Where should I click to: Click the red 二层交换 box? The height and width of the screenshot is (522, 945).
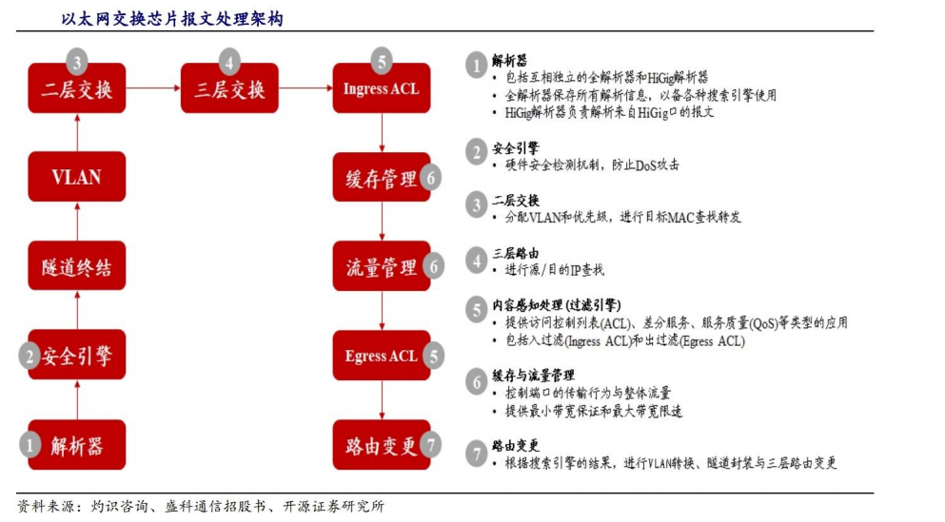(76, 88)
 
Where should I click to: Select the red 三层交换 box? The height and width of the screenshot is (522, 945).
(229, 88)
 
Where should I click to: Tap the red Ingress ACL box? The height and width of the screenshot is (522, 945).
(382, 88)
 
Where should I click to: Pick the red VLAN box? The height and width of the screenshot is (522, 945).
(76, 177)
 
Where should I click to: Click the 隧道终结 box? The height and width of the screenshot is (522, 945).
(76, 265)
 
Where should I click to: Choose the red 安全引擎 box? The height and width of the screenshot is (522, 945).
(76, 355)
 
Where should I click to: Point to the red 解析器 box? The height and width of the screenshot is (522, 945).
(76, 445)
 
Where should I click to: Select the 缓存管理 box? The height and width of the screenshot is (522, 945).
(382, 177)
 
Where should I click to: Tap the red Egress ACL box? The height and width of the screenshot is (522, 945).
(382, 356)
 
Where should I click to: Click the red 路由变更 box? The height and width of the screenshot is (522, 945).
(382, 445)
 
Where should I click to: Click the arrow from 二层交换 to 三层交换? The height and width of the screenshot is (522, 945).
(153, 87)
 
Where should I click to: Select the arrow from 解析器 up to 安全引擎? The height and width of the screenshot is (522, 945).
(77, 399)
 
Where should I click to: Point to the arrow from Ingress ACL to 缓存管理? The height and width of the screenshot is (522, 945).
(382, 132)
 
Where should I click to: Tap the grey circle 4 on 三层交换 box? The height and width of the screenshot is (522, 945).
(229, 62)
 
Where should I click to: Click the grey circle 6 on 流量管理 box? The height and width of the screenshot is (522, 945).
(433, 266)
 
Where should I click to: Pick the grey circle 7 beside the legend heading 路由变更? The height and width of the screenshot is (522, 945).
(477, 454)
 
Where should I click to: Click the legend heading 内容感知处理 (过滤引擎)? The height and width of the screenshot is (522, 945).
(557, 305)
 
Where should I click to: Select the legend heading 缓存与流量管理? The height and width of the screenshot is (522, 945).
(533, 376)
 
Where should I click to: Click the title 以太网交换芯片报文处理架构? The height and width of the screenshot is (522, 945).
(171, 19)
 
